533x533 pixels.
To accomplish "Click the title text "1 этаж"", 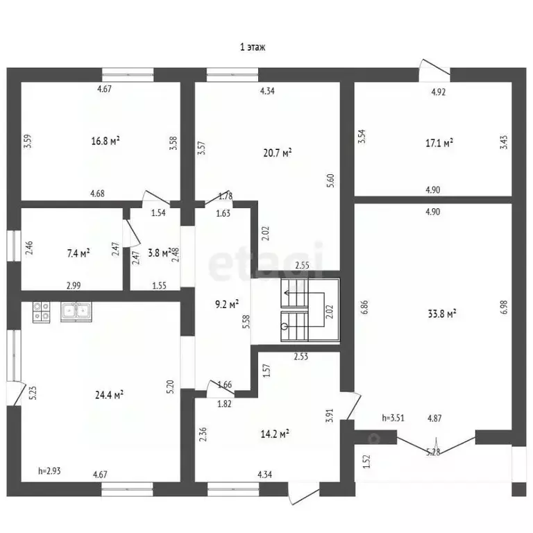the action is [253, 47].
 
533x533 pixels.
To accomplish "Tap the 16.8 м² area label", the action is [105, 141].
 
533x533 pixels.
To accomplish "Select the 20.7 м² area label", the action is [278, 153].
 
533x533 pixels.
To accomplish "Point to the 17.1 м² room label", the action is [439, 143].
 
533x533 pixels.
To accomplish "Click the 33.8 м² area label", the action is [442, 314].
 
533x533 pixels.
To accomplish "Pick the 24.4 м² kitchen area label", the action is [109, 395].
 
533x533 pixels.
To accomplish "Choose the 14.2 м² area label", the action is [275, 434].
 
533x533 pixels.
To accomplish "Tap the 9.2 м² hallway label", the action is [227, 304].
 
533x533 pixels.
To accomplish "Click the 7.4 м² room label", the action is [78, 253].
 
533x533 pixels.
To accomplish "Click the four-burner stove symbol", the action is [41, 312].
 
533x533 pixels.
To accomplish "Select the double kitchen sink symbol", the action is [76, 312].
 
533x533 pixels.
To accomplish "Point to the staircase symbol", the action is [310, 310].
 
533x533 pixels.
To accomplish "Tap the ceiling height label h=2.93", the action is [49, 471].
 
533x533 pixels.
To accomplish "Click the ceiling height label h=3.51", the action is [394, 418].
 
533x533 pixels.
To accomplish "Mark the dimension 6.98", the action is [504, 307].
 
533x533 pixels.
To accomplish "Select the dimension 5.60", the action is [331, 180].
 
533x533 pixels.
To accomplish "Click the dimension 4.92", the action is [439, 92].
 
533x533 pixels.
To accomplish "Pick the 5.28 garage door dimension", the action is [433, 452].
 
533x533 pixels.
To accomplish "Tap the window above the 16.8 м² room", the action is [128, 74].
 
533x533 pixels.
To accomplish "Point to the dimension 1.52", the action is [366, 462].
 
